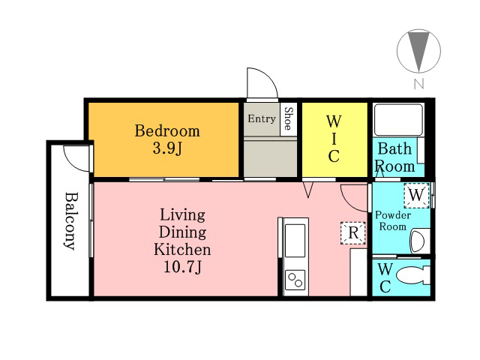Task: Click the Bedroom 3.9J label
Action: click(x=167, y=139)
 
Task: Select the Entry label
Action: click(x=262, y=118)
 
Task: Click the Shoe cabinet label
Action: click(x=288, y=118)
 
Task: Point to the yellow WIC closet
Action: click(x=334, y=139)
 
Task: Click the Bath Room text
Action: click(x=395, y=157)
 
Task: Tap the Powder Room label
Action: click(x=393, y=220)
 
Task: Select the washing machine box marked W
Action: click(x=416, y=195)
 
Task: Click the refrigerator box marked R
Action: click(x=353, y=233)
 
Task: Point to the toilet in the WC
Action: click(x=413, y=275)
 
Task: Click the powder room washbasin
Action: click(x=420, y=241)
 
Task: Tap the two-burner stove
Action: click(x=295, y=280)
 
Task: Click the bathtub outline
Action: click(x=399, y=120)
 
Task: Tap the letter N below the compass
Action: click(x=418, y=83)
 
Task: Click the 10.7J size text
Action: click(x=183, y=267)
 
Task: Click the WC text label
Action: click(x=385, y=278)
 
